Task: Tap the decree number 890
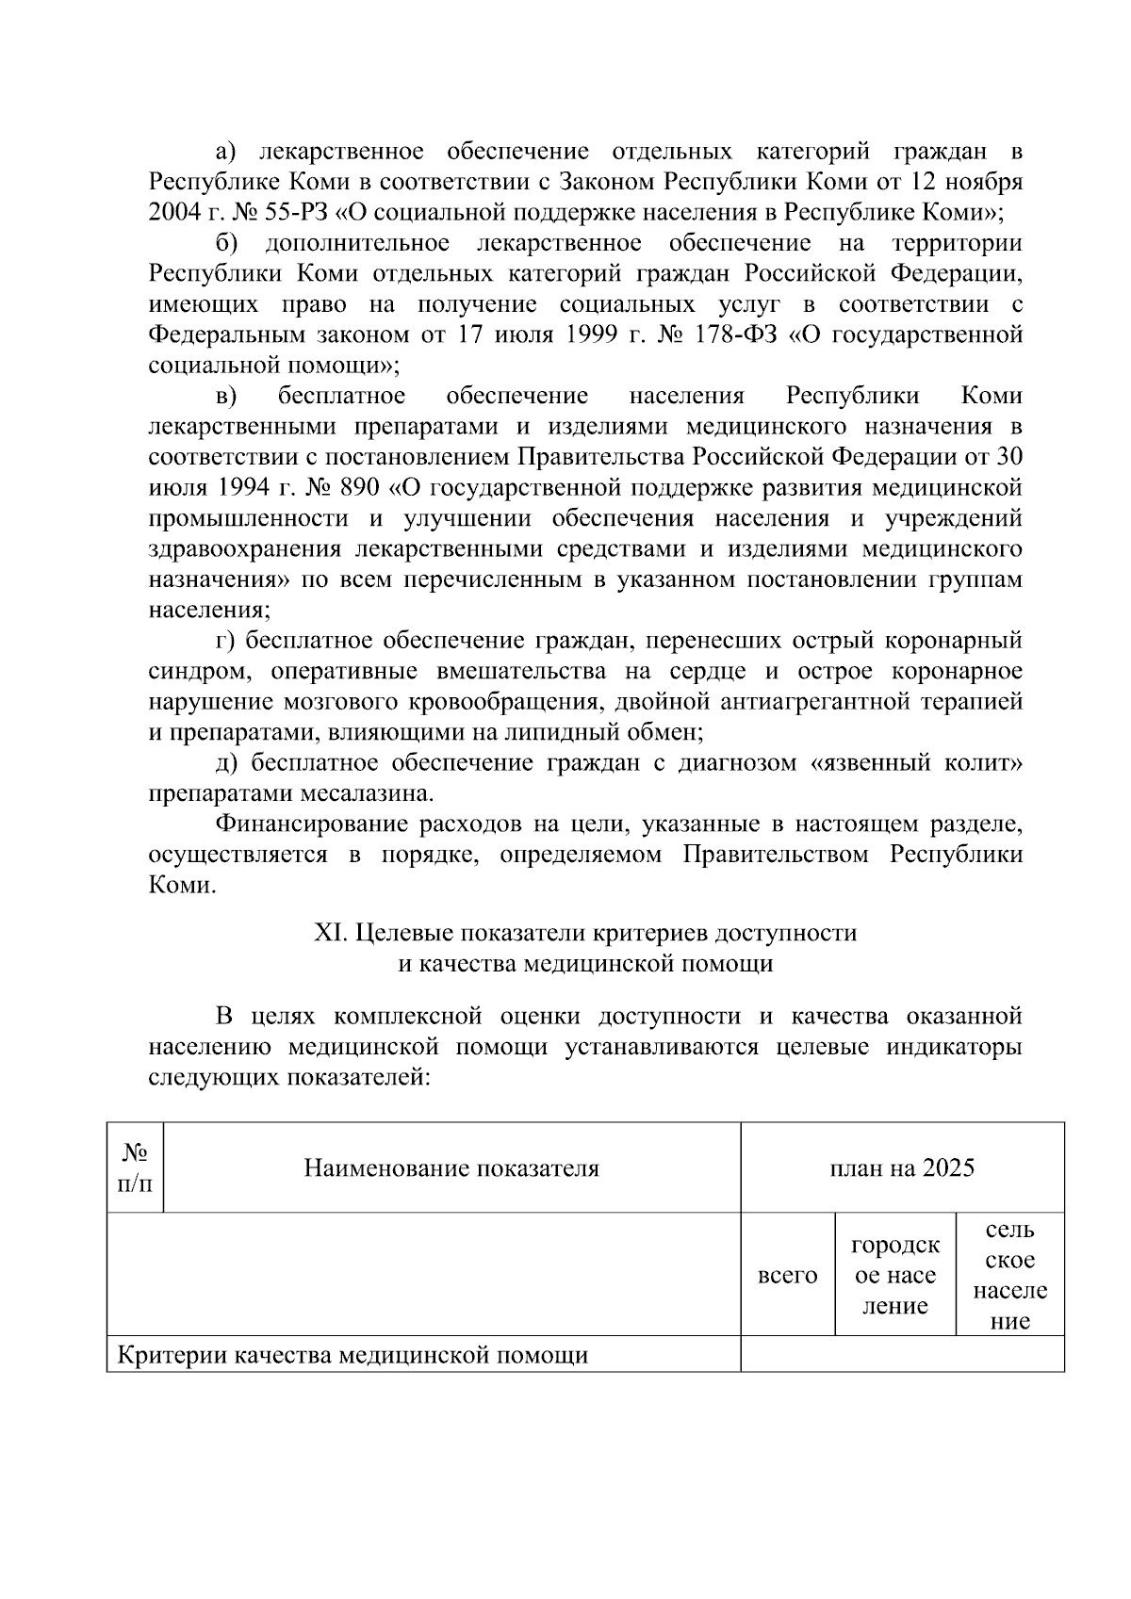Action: pos(360,488)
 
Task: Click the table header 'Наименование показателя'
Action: pos(451,1169)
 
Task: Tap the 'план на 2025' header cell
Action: pos(902,1169)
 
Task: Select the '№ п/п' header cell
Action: pos(135,1167)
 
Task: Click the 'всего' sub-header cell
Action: pos(788,1276)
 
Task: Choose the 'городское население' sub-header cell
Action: pos(895,1276)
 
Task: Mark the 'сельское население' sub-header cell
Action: pos(1009,1276)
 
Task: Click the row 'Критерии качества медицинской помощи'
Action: pos(352,1356)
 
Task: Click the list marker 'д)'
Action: pos(227,762)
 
